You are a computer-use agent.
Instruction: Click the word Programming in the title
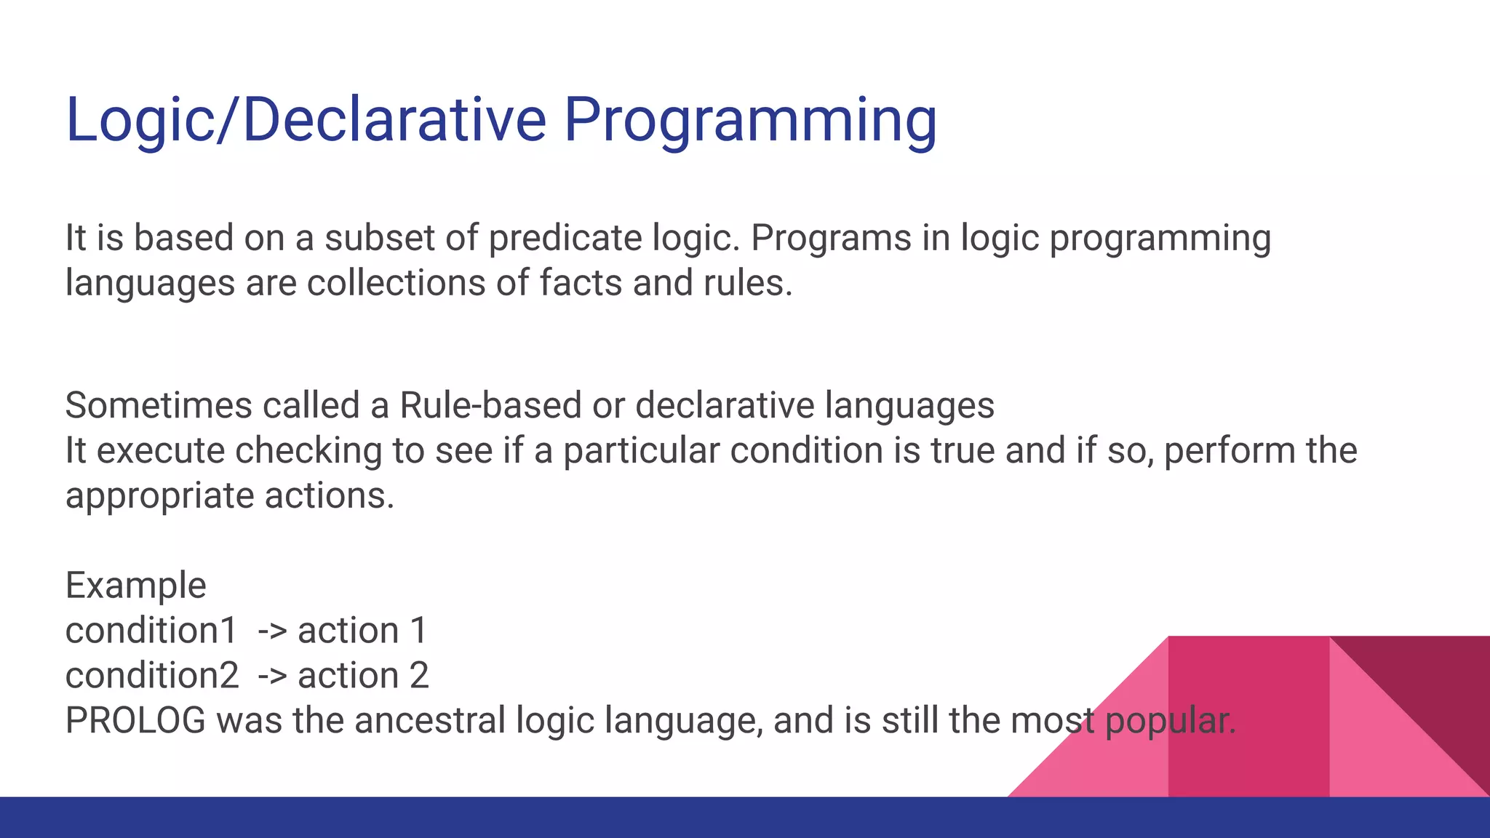[x=750, y=121]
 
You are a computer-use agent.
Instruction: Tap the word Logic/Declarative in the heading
[x=306, y=121]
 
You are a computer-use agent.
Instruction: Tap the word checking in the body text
[x=308, y=450]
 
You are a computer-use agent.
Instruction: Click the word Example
[x=136, y=586]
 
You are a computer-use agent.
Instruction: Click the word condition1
[x=151, y=631]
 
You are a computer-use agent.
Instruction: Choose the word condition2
[x=152, y=676]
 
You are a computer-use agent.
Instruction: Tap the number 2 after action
[x=419, y=676]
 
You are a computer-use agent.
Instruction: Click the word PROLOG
[x=136, y=721]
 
